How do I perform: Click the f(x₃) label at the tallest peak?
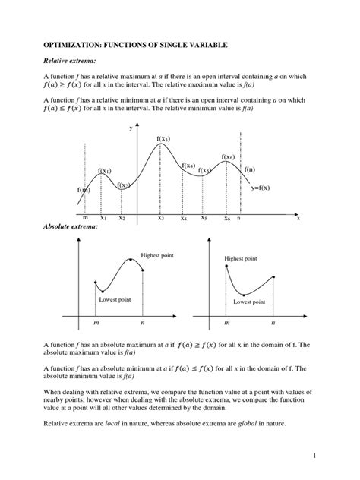(x=163, y=138)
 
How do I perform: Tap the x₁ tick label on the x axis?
(x=103, y=218)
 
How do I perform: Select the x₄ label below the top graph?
(x=183, y=219)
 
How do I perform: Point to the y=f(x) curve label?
(x=261, y=188)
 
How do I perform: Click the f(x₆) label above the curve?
(x=228, y=156)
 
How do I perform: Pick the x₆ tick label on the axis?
(x=226, y=219)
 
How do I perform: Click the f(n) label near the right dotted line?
(x=250, y=169)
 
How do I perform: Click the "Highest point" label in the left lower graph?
(x=157, y=255)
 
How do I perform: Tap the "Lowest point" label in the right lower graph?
(x=248, y=302)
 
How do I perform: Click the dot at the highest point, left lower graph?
(x=131, y=259)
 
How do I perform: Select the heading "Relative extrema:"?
(x=66, y=67)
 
